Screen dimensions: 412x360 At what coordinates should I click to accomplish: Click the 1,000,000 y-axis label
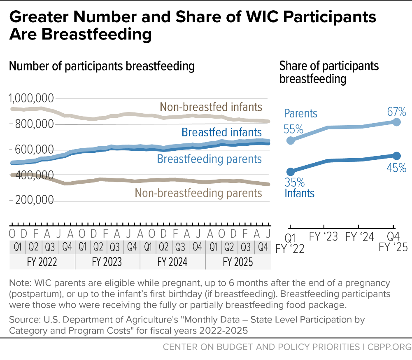31,98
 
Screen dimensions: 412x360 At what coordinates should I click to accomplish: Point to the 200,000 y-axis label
35,200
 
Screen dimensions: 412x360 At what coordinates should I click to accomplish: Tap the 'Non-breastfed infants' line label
211,107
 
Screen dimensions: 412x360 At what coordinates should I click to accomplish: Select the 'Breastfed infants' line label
221,132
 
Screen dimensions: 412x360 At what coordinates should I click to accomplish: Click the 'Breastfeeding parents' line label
209,159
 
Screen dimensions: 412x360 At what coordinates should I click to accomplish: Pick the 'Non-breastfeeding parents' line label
198,193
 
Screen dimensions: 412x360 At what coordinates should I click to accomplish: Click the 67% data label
396,112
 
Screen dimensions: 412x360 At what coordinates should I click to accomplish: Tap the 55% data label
293,129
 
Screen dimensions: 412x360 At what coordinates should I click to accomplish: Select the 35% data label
295,182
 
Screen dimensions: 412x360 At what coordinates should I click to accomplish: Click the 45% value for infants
396,168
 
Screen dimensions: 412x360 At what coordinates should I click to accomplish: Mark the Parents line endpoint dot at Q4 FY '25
396,122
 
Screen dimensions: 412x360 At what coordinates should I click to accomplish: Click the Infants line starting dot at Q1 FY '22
291,172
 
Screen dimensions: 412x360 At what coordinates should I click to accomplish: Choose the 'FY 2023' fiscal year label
107,262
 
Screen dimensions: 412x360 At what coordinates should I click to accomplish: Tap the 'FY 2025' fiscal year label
238,262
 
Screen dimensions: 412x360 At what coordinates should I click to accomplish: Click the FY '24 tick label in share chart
359,237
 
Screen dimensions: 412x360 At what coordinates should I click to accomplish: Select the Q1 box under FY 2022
18,247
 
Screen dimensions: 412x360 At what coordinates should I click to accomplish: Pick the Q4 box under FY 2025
263,247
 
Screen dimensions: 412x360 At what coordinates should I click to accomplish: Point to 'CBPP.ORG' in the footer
389,347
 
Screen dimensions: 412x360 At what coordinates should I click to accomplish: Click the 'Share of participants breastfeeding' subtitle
329,72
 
